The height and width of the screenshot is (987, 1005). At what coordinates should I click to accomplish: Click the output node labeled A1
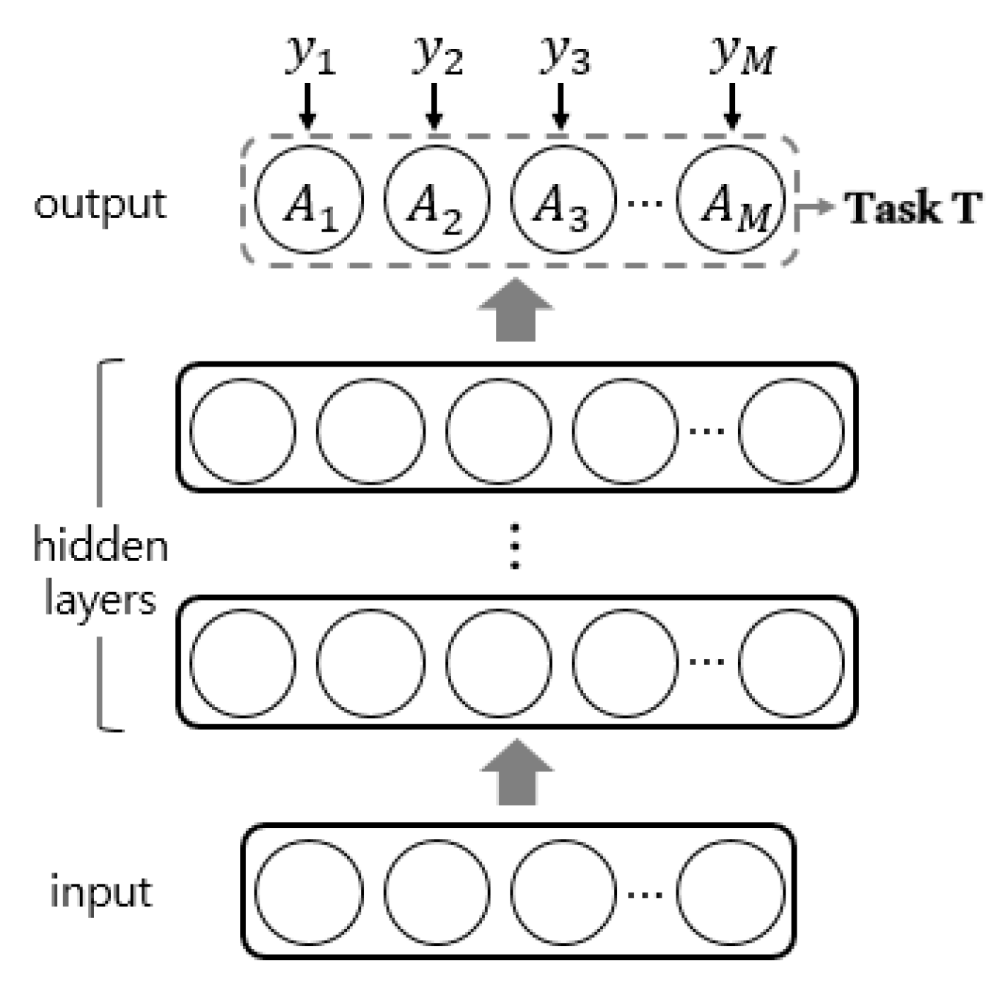309,200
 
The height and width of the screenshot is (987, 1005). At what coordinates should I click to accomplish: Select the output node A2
436,200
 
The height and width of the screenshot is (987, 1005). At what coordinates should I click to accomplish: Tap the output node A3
563,200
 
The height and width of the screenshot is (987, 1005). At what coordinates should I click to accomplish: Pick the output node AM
731,200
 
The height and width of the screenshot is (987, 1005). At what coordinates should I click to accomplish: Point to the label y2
437,55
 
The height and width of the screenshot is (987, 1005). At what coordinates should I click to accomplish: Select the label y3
564,55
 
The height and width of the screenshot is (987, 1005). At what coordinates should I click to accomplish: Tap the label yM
742,55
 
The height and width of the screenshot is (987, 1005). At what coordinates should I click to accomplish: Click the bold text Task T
913,208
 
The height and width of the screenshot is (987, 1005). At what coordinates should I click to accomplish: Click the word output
100,205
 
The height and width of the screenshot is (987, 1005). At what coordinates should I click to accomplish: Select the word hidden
100,546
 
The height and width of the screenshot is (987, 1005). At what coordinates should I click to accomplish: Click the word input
100,892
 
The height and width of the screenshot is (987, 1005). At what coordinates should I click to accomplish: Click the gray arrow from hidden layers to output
516,310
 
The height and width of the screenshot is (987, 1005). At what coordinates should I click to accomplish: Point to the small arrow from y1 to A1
308,106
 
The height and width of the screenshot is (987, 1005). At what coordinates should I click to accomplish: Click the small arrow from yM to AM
731,106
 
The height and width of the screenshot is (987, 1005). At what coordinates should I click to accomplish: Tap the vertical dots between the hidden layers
515,546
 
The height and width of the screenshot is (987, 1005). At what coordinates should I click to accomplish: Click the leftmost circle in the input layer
309,892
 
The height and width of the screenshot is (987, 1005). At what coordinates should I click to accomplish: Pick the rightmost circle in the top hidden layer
791,430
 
